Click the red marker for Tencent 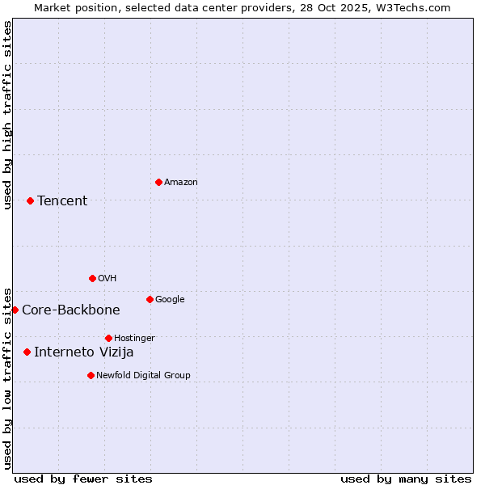point(30,200)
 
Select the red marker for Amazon point(158,182)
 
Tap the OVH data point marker point(92,278)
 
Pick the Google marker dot point(150,299)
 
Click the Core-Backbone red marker point(15,310)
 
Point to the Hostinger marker point(108,338)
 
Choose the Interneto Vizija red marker point(27,352)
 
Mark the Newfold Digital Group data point point(91,375)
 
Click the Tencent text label point(62,200)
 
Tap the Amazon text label point(181,182)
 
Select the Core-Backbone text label point(71,310)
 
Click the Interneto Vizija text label point(84,352)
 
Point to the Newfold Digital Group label point(143,375)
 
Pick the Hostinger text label point(134,338)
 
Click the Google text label point(170,299)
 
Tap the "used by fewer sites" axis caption point(83,479)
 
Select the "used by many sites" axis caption point(406,479)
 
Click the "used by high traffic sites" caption point(7,115)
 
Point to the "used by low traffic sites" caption point(7,377)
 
